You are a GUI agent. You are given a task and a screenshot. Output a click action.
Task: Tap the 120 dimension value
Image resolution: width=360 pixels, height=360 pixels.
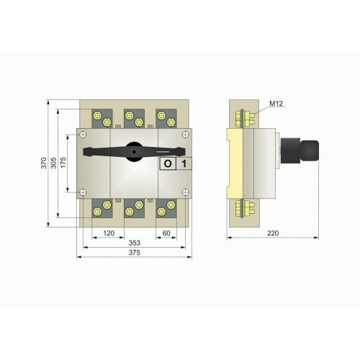pyautogui.click(x=109, y=234)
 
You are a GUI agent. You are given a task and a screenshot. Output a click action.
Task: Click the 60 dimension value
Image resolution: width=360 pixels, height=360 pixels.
pyautogui.click(x=166, y=234)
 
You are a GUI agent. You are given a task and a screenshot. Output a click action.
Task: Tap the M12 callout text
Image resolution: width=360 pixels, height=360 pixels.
pyautogui.click(x=276, y=105)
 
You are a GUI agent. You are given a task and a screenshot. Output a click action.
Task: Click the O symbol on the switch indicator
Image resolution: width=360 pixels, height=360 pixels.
pyautogui.click(x=167, y=163)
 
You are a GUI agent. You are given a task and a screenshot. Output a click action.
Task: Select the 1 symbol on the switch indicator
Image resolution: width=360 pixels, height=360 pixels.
pyautogui.click(x=184, y=163)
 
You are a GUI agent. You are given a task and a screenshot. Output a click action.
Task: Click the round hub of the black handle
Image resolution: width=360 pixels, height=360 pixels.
pyautogui.click(x=135, y=151)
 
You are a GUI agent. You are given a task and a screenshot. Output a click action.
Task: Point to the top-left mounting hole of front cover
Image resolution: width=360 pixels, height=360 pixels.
pyautogui.click(x=84, y=135)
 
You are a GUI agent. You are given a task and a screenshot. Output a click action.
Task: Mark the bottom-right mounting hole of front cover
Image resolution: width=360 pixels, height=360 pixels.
pyautogui.click(x=186, y=192)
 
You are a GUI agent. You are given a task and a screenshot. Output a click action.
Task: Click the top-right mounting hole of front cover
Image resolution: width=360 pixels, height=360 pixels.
pyautogui.click(x=186, y=135)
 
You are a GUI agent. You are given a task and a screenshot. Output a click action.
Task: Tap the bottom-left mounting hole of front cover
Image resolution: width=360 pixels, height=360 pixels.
pyautogui.click(x=84, y=192)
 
